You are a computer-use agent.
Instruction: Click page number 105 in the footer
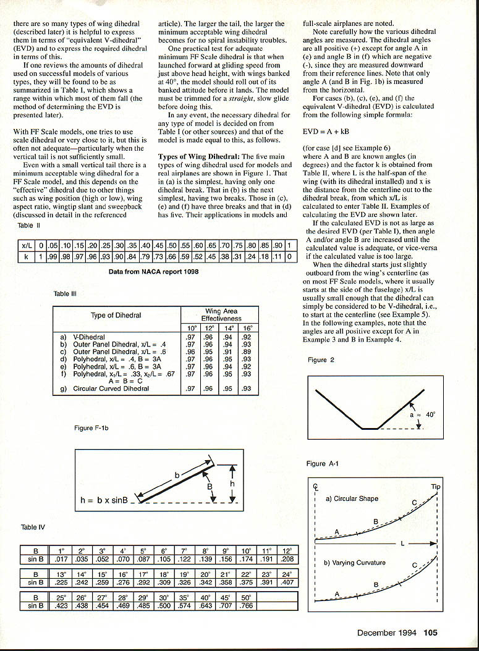coord(431,632)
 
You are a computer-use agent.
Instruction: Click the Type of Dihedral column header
coord(116,316)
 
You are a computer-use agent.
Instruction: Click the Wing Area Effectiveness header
coord(221,315)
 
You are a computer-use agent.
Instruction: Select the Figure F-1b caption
coord(92,427)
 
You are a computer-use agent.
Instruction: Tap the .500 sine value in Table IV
coord(164,606)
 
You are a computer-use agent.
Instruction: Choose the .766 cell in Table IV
coord(247,606)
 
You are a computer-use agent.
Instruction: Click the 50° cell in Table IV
coord(247,598)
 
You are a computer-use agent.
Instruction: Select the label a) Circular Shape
coord(352,498)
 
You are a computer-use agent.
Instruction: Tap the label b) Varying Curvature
coord(355,563)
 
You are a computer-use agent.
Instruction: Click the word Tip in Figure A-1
coord(436,486)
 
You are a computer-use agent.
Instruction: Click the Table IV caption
coord(33,527)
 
